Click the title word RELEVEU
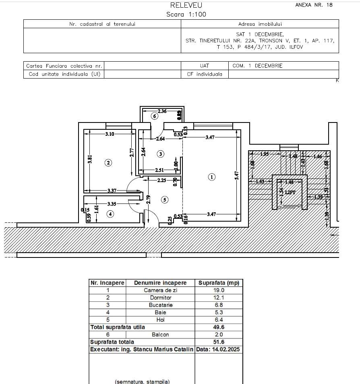pyautogui.click(x=186, y=5)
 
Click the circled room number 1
pyautogui.click(x=211, y=176)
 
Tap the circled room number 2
pyautogui.click(x=108, y=163)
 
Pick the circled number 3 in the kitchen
pyautogui.click(x=161, y=154)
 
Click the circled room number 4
pyautogui.click(x=110, y=214)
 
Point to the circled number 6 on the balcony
pyautogui.click(x=154, y=116)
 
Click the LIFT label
pyautogui.click(x=290, y=193)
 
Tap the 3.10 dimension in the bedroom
pyautogui.click(x=110, y=134)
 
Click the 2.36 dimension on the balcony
pyautogui.click(x=162, y=111)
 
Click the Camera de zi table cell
pyautogui.click(x=160, y=290)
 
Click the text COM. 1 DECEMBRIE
pyautogui.click(x=257, y=66)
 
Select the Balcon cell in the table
pyautogui.click(x=160, y=334)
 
